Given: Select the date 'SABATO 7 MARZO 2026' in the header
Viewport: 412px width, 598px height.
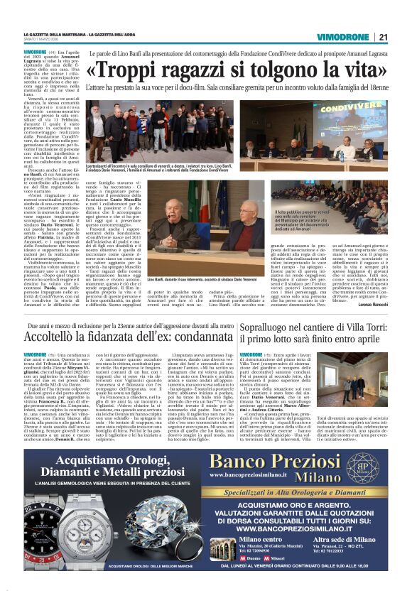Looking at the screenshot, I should click(43, 40).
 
